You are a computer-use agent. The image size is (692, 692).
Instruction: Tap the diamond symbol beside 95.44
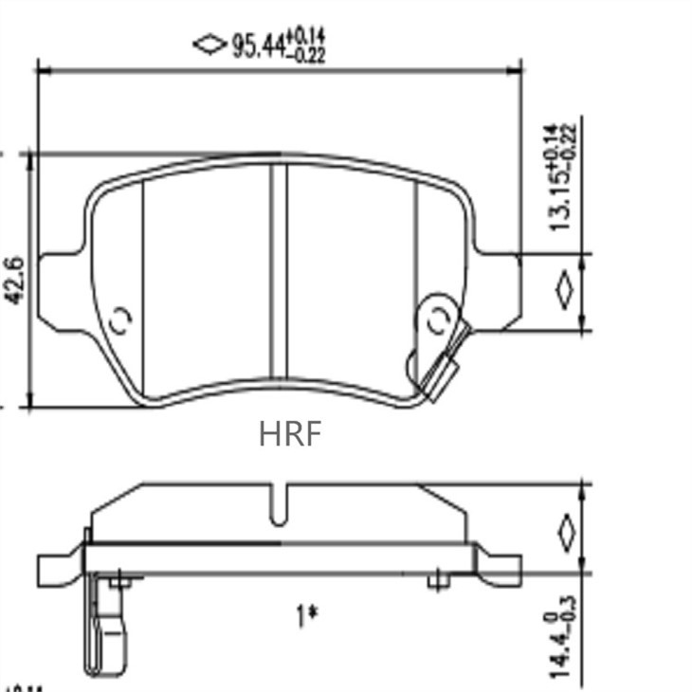pos(207,44)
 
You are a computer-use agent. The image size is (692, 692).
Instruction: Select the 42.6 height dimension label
pos(16,280)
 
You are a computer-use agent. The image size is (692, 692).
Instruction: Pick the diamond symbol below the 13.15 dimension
pos(565,291)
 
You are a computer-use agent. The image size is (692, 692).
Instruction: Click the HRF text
pos(290,433)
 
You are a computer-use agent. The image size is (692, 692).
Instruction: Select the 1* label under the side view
pos(305,617)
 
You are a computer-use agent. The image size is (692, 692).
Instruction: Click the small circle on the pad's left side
pos(120,319)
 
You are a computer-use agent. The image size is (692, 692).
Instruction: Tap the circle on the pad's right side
pos(437,319)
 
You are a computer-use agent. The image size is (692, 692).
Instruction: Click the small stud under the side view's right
pos(437,581)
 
